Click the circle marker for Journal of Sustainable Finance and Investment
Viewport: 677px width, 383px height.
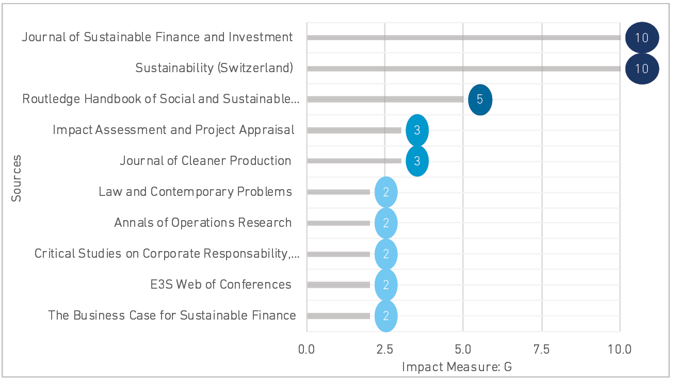coord(642,38)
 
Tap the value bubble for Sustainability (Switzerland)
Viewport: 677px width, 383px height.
coord(642,69)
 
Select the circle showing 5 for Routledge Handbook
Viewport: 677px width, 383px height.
coord(480,99)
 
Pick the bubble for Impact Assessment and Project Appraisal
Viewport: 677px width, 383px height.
coord(417,130)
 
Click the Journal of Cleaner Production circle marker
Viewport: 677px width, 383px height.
coord(417,161)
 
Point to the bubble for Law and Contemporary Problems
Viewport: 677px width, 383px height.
coord(386,192)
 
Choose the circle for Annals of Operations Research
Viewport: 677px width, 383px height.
coord(386,223)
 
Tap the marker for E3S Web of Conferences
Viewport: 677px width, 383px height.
coord(386,285)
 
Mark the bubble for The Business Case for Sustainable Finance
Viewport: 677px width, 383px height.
coord(386,316)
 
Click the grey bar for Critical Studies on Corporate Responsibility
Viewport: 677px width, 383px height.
coord(338,254)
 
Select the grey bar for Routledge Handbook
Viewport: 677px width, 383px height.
coord(385,99)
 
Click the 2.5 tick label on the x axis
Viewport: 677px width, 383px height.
coord(385,349)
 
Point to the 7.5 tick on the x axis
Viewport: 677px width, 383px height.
coord(542,349)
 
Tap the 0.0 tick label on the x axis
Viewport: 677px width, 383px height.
coord(307,349)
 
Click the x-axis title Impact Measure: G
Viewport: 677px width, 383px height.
coord(457,367)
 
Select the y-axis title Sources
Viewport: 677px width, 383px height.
coord(17,178)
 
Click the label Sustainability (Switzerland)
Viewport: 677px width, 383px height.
coord(214,68)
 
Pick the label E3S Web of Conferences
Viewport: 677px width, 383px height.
coord(221,285)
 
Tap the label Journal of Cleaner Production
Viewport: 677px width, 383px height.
coord(205,160)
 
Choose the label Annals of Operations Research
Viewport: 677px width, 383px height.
coord(203,223)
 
